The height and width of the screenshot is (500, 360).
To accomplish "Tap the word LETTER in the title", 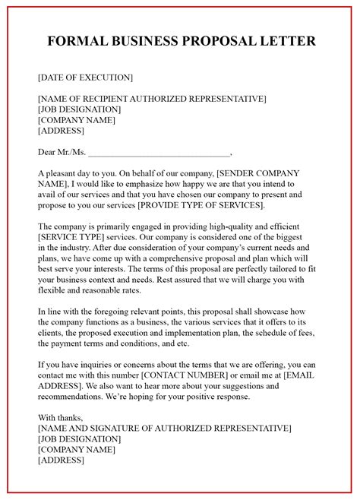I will coord(283,40).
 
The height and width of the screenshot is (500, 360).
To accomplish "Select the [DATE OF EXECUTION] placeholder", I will coord(84,77).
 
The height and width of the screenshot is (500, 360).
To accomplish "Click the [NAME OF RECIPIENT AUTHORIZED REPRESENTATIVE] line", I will coord(151,98).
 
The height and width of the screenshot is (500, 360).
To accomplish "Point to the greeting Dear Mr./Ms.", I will coord(62,152).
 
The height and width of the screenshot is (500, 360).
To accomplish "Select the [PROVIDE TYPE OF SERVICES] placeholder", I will coord(201,205).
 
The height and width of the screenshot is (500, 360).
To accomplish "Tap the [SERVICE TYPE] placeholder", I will coord(70,237).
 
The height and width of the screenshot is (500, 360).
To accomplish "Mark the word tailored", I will coord(276,269).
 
